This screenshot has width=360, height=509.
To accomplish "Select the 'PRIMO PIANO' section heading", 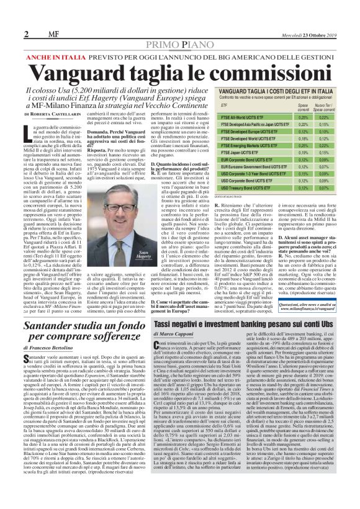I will coord(179,45).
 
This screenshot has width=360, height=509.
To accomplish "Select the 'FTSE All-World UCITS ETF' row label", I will coord(245,116).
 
